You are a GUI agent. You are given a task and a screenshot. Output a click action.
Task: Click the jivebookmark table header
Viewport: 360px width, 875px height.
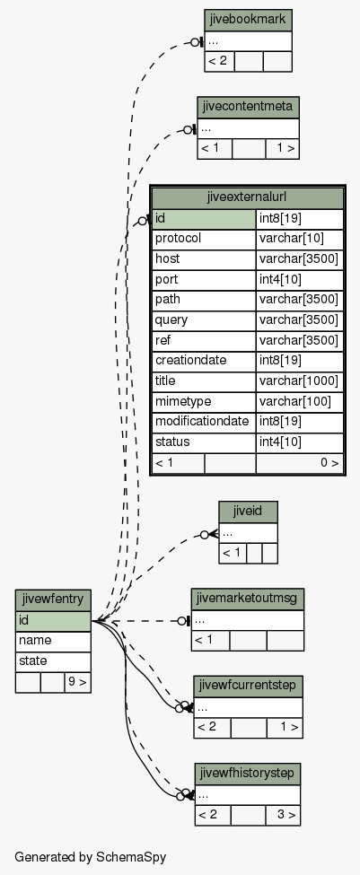pos(248,20)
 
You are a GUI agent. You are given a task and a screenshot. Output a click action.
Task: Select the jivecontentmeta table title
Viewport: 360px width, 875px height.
pos(248,107)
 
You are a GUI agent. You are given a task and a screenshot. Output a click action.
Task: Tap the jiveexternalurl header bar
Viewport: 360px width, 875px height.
pos(248,197)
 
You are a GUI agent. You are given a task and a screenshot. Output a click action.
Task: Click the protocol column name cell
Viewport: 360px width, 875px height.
pos(204,240)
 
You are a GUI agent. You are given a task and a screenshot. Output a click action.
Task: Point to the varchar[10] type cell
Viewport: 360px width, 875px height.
pos(300,240)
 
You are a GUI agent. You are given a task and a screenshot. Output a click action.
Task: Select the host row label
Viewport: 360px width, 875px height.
pos(204,259)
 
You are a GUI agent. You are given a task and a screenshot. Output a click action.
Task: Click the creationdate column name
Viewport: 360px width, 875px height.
pos(204,361)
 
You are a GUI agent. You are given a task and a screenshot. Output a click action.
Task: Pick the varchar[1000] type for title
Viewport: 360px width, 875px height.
pos(300,381)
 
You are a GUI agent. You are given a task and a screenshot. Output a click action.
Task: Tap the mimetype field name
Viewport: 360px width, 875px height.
pos(204,402)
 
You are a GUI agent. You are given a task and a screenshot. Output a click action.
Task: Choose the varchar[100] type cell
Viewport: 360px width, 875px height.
pos(300,402)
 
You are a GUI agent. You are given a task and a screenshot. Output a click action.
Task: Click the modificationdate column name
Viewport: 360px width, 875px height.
pos(204,423)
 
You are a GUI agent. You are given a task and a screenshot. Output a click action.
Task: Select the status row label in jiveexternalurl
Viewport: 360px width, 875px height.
pos(204,442)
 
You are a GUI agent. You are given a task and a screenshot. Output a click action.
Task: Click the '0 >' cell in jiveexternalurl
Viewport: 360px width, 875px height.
pos(300,463)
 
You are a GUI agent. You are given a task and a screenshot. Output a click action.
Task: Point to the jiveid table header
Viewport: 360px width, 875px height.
pos(248,512)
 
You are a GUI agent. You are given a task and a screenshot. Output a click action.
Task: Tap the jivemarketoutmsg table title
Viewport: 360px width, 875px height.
pos(248,599)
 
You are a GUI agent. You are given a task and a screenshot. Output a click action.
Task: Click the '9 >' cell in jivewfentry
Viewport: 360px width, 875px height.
pos(77,682)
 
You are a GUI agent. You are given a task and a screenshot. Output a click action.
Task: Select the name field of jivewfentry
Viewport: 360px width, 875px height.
pos(53,641)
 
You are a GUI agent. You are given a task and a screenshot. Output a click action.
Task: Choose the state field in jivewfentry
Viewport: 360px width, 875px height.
pos(53,661)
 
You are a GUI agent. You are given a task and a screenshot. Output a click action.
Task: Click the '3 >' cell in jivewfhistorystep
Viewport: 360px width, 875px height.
pos(283,815)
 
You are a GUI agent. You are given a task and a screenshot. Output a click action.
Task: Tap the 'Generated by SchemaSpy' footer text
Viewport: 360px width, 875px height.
pos(91,857)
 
